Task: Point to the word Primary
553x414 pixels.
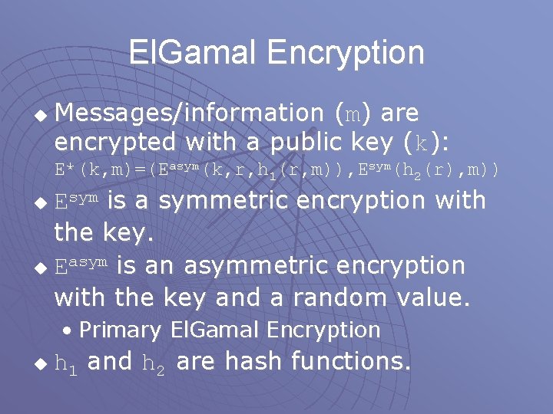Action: [120, 330]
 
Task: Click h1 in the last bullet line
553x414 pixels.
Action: [66, 363]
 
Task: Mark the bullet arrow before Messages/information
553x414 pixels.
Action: [42, 116]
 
